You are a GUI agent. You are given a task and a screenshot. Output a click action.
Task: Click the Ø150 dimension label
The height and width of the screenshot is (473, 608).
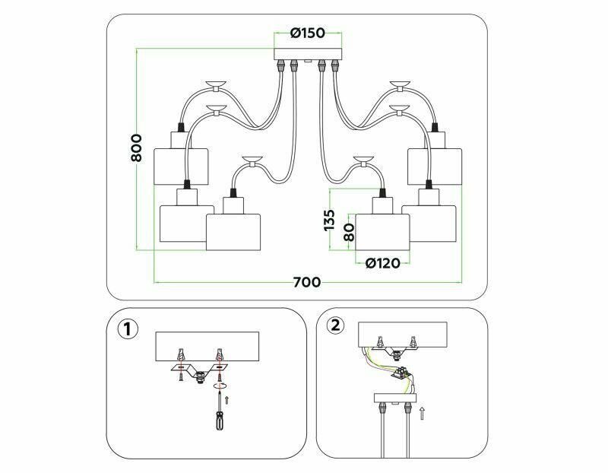[307, 33]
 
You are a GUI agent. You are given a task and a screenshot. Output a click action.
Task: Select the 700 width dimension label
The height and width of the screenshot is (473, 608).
[306, 282]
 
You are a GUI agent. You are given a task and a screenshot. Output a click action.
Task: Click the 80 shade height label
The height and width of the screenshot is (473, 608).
[348, 231]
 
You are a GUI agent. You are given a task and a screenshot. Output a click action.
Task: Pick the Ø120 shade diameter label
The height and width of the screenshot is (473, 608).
[382, 264]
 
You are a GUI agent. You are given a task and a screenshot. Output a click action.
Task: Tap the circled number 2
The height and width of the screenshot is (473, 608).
[334, 325]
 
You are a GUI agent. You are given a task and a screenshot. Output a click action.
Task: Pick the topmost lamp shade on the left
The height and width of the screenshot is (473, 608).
[181, 165]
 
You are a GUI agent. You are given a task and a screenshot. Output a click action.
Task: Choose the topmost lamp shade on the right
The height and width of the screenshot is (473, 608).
[434, 164]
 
